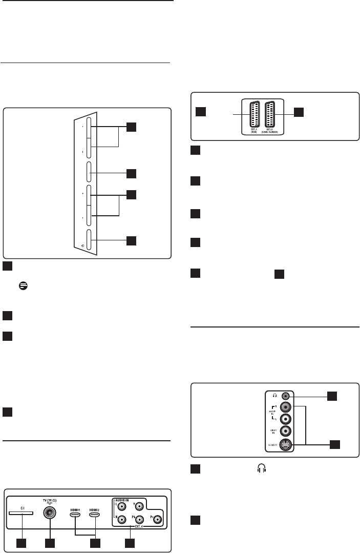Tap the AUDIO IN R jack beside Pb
click(x=122, y=519)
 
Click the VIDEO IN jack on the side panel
click(x=288, y=431)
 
